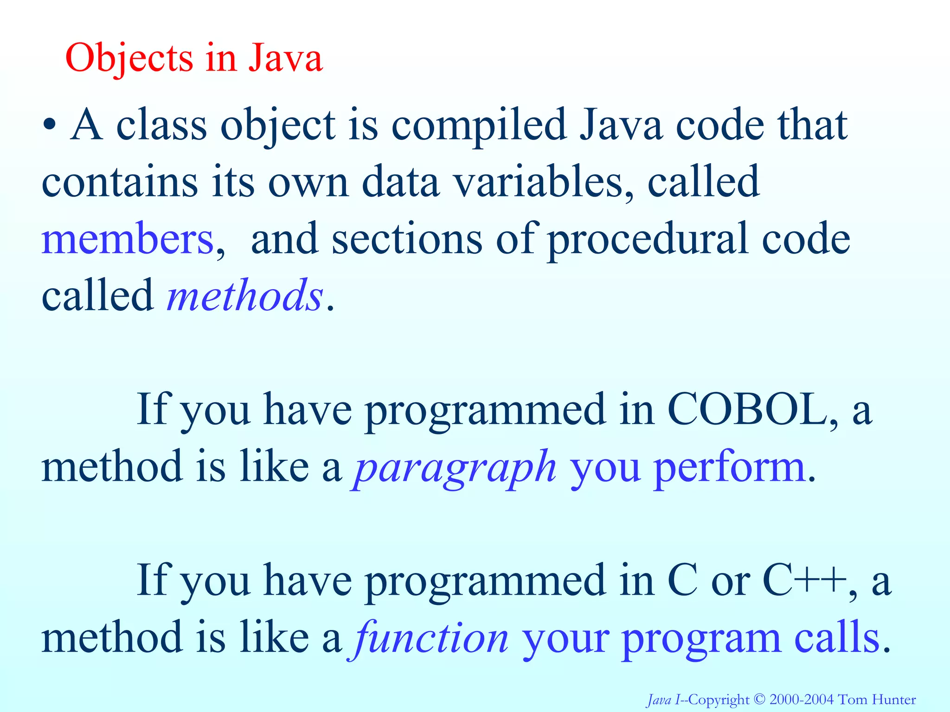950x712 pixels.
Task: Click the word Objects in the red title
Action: [x=128, y=59]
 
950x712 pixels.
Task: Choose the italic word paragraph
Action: [x=455, y=467]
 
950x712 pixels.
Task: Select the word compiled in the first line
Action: [x=479, y=125]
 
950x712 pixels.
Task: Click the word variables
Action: [x=543, y=182]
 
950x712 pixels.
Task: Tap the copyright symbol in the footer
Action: [x=759, y=699]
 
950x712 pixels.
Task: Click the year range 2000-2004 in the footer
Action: [x=801, y=699]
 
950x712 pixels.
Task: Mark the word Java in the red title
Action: [x=285, y=59]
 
